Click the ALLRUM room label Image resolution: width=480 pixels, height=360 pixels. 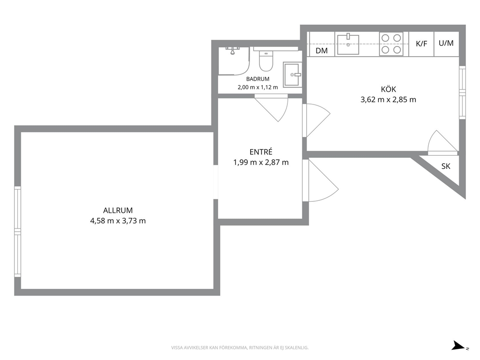pyautogui.click(x=118, y=210)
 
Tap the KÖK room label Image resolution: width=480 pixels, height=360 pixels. pyautogui.click(x=388, y=89)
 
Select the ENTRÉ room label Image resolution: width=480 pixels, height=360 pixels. pyautogui.click(x=261, y=151)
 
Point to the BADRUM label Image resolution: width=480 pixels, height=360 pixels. pyautogui.click(x=258, y=79)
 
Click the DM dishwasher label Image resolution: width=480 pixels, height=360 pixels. pyautogui.click(x=321, y=50)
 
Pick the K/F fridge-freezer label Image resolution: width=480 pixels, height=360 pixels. pyautogui.click(x=421, y=44)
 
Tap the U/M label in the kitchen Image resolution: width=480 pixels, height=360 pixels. pyautogui.click(x=446, y=43)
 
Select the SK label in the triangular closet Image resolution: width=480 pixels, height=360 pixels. pyautogui.click(x=446, y=166)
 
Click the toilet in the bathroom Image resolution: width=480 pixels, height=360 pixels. pyautogui.click(x=266, y=60)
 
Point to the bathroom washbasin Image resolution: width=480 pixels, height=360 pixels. pyautogui.click(x=292, y=75)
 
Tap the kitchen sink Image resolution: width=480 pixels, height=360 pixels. pyautogui.click(x=348, y=45)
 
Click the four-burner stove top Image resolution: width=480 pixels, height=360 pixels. pyautogui.click(x=391, y=44)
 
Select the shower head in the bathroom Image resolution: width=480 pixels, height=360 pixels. pyautogui.click(x=233, y=50)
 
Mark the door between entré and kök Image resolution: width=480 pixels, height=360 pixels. pyautogui.click(x=316, y=120)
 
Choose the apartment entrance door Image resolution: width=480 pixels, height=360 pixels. pyautogui.click(x=320, y=180)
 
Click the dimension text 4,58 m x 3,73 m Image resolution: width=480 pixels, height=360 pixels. pyautogui.click(x=118, y=221)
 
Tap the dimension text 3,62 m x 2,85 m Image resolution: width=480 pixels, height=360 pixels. pyautogui.click(x=388, y=100)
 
